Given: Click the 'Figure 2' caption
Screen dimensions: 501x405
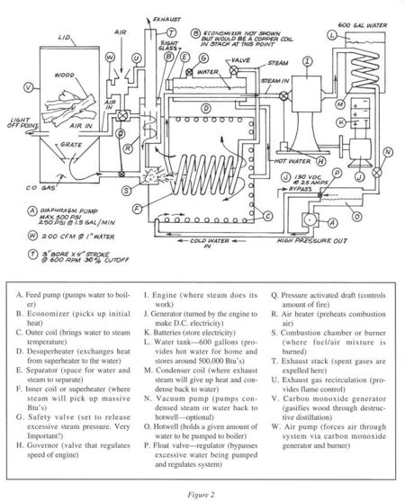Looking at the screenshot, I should coord(202,494).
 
